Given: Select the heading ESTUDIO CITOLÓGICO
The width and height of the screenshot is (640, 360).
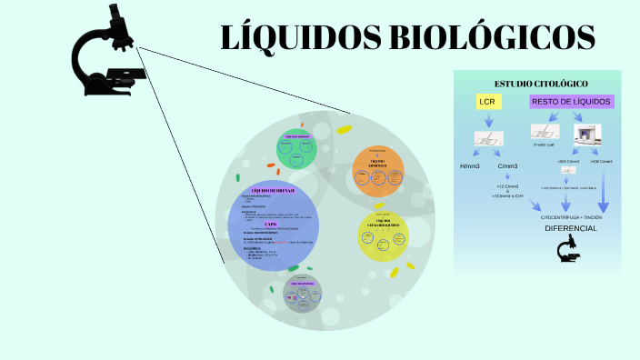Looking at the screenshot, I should click(x=541, y=84).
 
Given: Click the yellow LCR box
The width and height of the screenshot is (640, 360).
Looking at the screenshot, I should click(x=488, y=102).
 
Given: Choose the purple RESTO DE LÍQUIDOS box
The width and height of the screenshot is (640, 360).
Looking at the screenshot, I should click(x=572, y=102).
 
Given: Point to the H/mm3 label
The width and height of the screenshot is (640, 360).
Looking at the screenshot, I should click(x=469, y=166).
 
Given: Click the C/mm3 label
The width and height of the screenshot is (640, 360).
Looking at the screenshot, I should click(x=506, y=166).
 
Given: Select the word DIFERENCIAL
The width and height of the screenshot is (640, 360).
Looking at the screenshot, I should click(x=570, y=228).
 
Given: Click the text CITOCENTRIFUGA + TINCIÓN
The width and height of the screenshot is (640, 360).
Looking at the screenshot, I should click(x=571, y=217).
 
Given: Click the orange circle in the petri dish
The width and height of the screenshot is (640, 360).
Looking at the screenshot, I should click(x=377, y=170).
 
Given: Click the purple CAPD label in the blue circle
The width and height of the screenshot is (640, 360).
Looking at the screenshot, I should click(x=270, y=224).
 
